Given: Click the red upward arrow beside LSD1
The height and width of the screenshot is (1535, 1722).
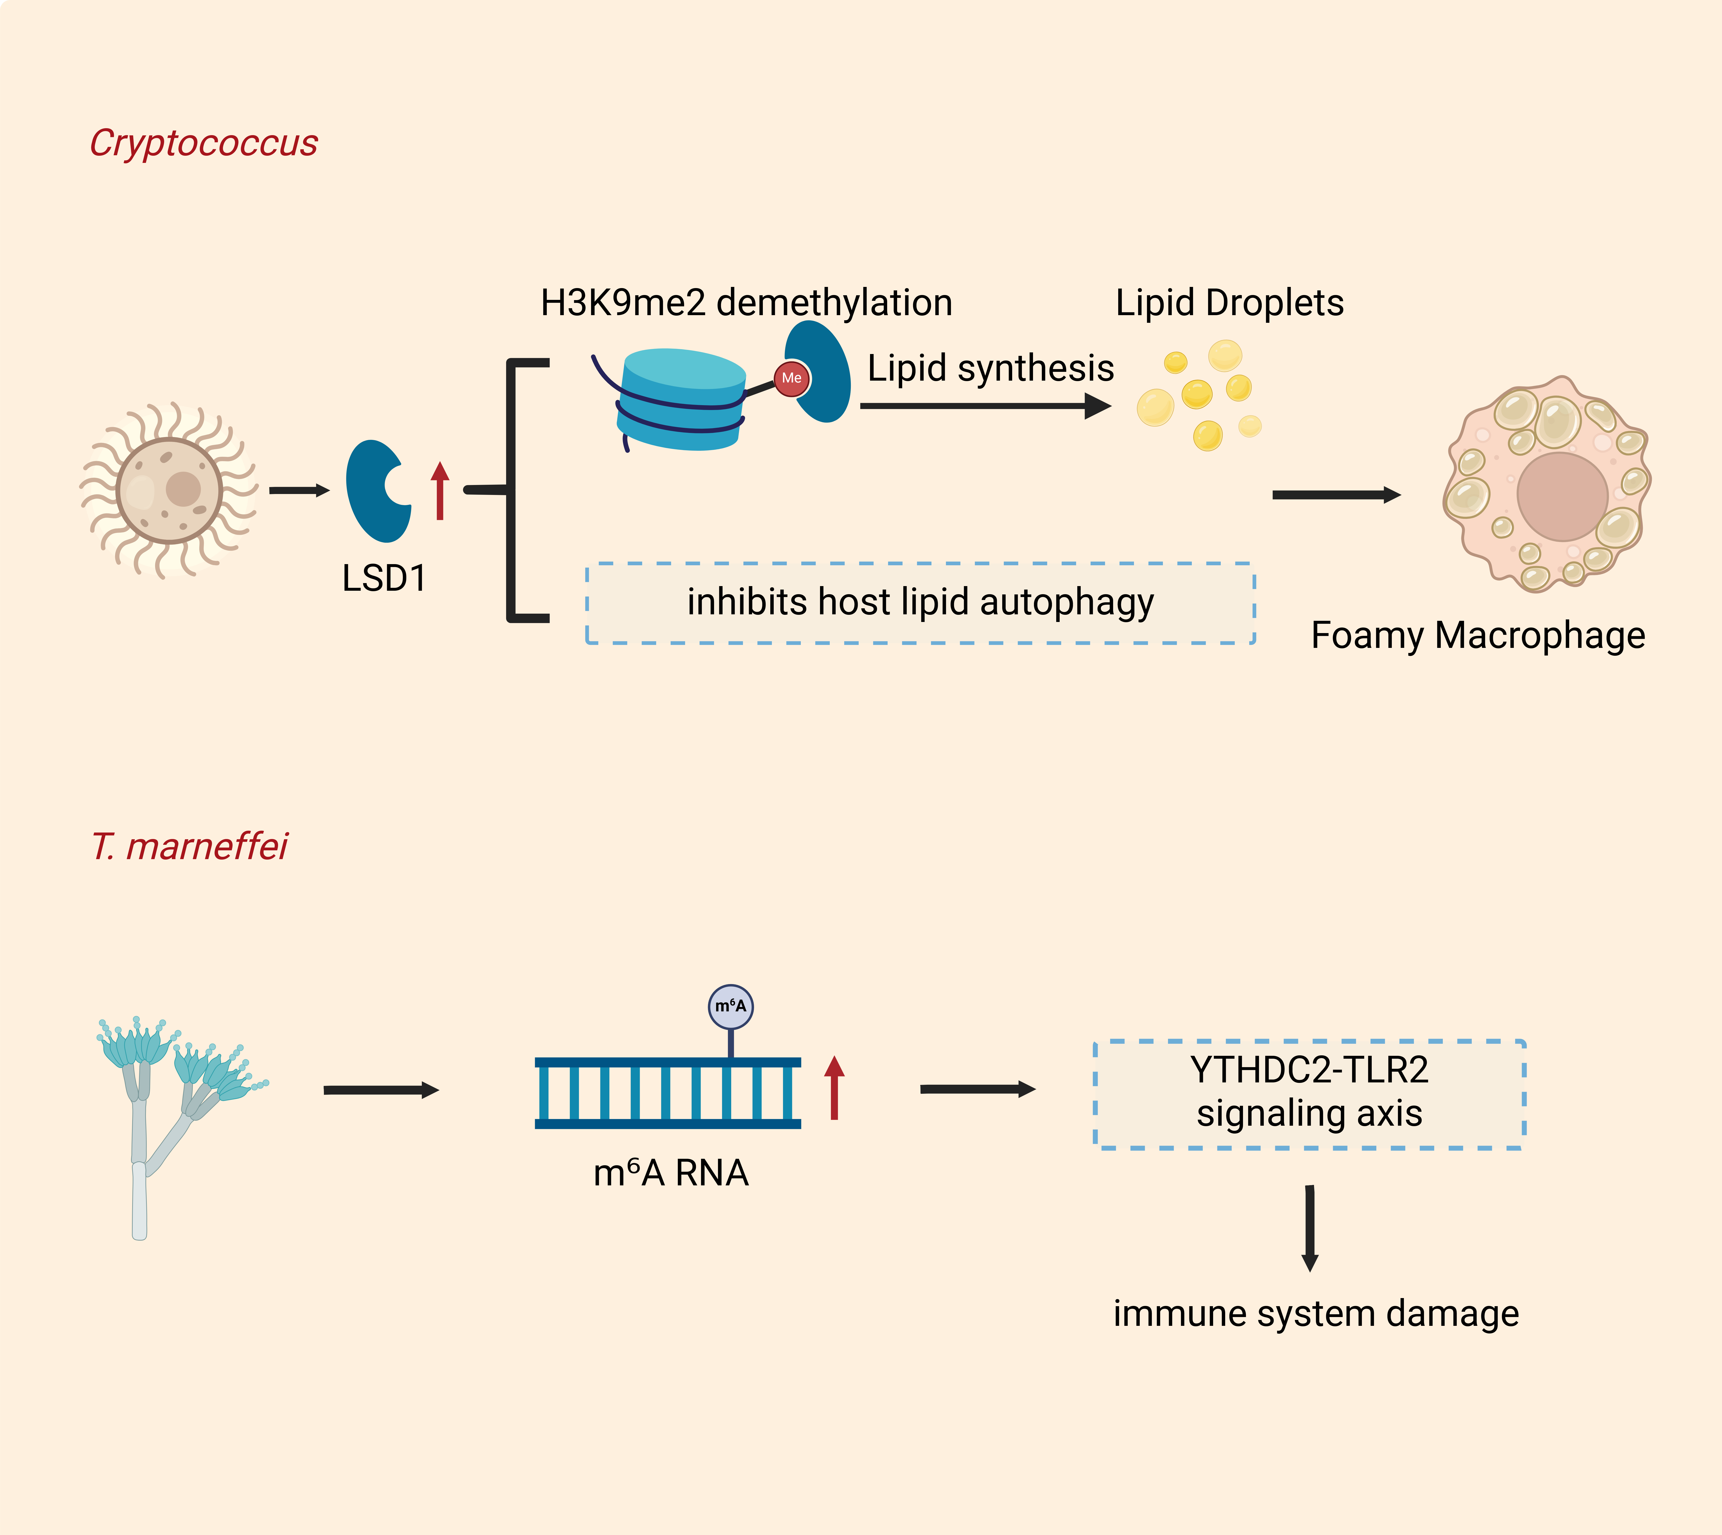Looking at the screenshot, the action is pos(440,491).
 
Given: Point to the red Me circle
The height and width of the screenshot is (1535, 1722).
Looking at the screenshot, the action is pos(791,378).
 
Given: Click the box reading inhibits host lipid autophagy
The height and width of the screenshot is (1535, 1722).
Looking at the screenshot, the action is pos(920,603).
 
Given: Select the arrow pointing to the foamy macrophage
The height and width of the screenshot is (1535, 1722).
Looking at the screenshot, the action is pos(1337,495).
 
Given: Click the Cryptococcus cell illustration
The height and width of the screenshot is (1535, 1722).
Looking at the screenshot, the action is pos(170,490).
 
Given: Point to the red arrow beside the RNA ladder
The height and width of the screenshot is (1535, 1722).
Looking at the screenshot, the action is pos(834,1088).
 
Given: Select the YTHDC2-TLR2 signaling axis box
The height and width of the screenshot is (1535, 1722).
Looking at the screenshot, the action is pos(1309,1094).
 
